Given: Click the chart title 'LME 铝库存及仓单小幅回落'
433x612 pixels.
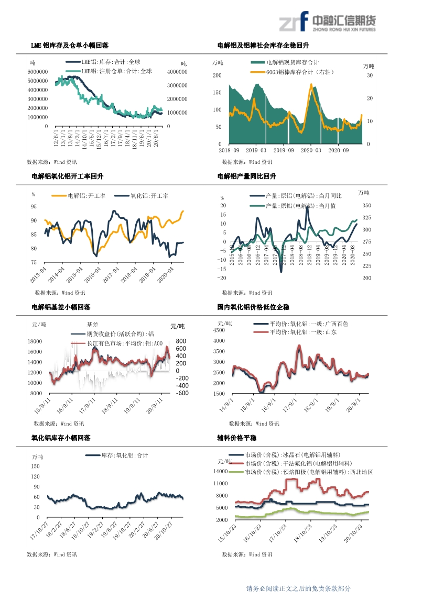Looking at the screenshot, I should tap(73, 46).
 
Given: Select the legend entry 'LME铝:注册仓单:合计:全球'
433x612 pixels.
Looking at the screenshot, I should tap(116, 71).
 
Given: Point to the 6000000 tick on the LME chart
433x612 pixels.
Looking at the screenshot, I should tap(38, 72).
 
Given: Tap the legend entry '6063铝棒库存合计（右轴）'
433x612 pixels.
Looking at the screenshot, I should tap(300, 72).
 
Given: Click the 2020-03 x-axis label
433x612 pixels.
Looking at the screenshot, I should tap(311, 150).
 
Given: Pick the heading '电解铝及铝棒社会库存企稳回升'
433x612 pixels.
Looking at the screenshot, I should tap(259, 46).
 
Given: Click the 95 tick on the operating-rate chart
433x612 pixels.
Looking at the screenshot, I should tap(34, 206).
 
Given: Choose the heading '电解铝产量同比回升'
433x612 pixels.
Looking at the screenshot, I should tap(246, 176).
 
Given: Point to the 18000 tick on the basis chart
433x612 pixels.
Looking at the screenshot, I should tap(35, 341).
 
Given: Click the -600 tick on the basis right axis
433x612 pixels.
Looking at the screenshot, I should tap(182, 393).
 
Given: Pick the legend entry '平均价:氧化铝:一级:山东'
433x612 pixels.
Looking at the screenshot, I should tap(303, 332).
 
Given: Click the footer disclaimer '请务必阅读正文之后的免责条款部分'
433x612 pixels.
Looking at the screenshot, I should tap(298, 588).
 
